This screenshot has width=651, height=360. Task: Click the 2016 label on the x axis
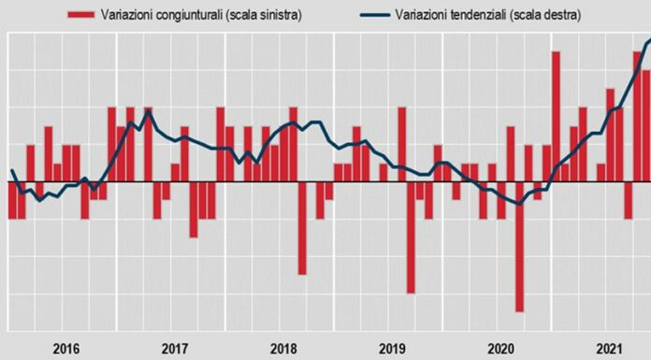(x=65, y=348)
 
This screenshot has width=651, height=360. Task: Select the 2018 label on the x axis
(x=283, y=348)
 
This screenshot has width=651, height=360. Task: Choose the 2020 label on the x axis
(x=500, y=348)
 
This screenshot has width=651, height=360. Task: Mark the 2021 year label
(x=610, y=348)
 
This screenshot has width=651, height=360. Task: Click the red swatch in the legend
(x=81, y=14)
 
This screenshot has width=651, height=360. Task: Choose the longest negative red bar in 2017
(x=194, y=209)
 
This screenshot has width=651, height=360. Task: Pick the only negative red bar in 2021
(x=629, y=200)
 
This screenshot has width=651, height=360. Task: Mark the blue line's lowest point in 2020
(x=519, y=204)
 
